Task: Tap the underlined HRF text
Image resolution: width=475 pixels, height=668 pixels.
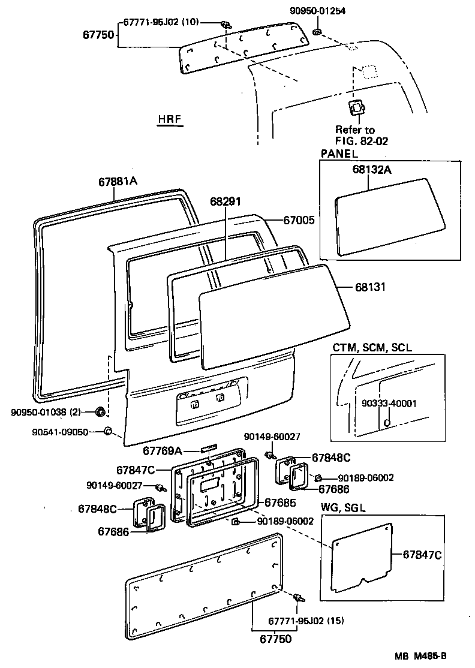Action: coord(170,120)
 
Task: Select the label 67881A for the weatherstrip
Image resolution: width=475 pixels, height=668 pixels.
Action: coord(118,181)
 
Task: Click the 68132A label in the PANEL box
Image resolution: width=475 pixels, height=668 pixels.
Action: coord(372,170)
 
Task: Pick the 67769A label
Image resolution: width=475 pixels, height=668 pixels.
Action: coord(163,450)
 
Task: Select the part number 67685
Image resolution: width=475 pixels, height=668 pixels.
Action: coord(281,501)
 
